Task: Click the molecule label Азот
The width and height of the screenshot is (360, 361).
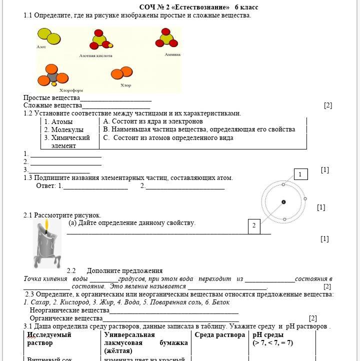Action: (x=41, y=47)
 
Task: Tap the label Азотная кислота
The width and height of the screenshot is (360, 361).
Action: (x=95, y=56)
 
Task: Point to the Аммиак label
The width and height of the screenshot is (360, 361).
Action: (x=172, y=54)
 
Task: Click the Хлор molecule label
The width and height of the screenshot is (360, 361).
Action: (x=125, y=85)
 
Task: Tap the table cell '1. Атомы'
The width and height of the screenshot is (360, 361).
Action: (x=58, y=121)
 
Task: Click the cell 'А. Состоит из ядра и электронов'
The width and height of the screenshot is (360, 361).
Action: (x=153, y=121)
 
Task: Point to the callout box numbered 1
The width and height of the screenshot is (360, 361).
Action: (x=300, y=174)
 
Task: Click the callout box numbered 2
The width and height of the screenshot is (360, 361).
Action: (x=254, y=225)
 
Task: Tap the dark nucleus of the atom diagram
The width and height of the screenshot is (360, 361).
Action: (x=283, y=202)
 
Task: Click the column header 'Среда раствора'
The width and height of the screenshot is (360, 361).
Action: (x=220, y=335)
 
